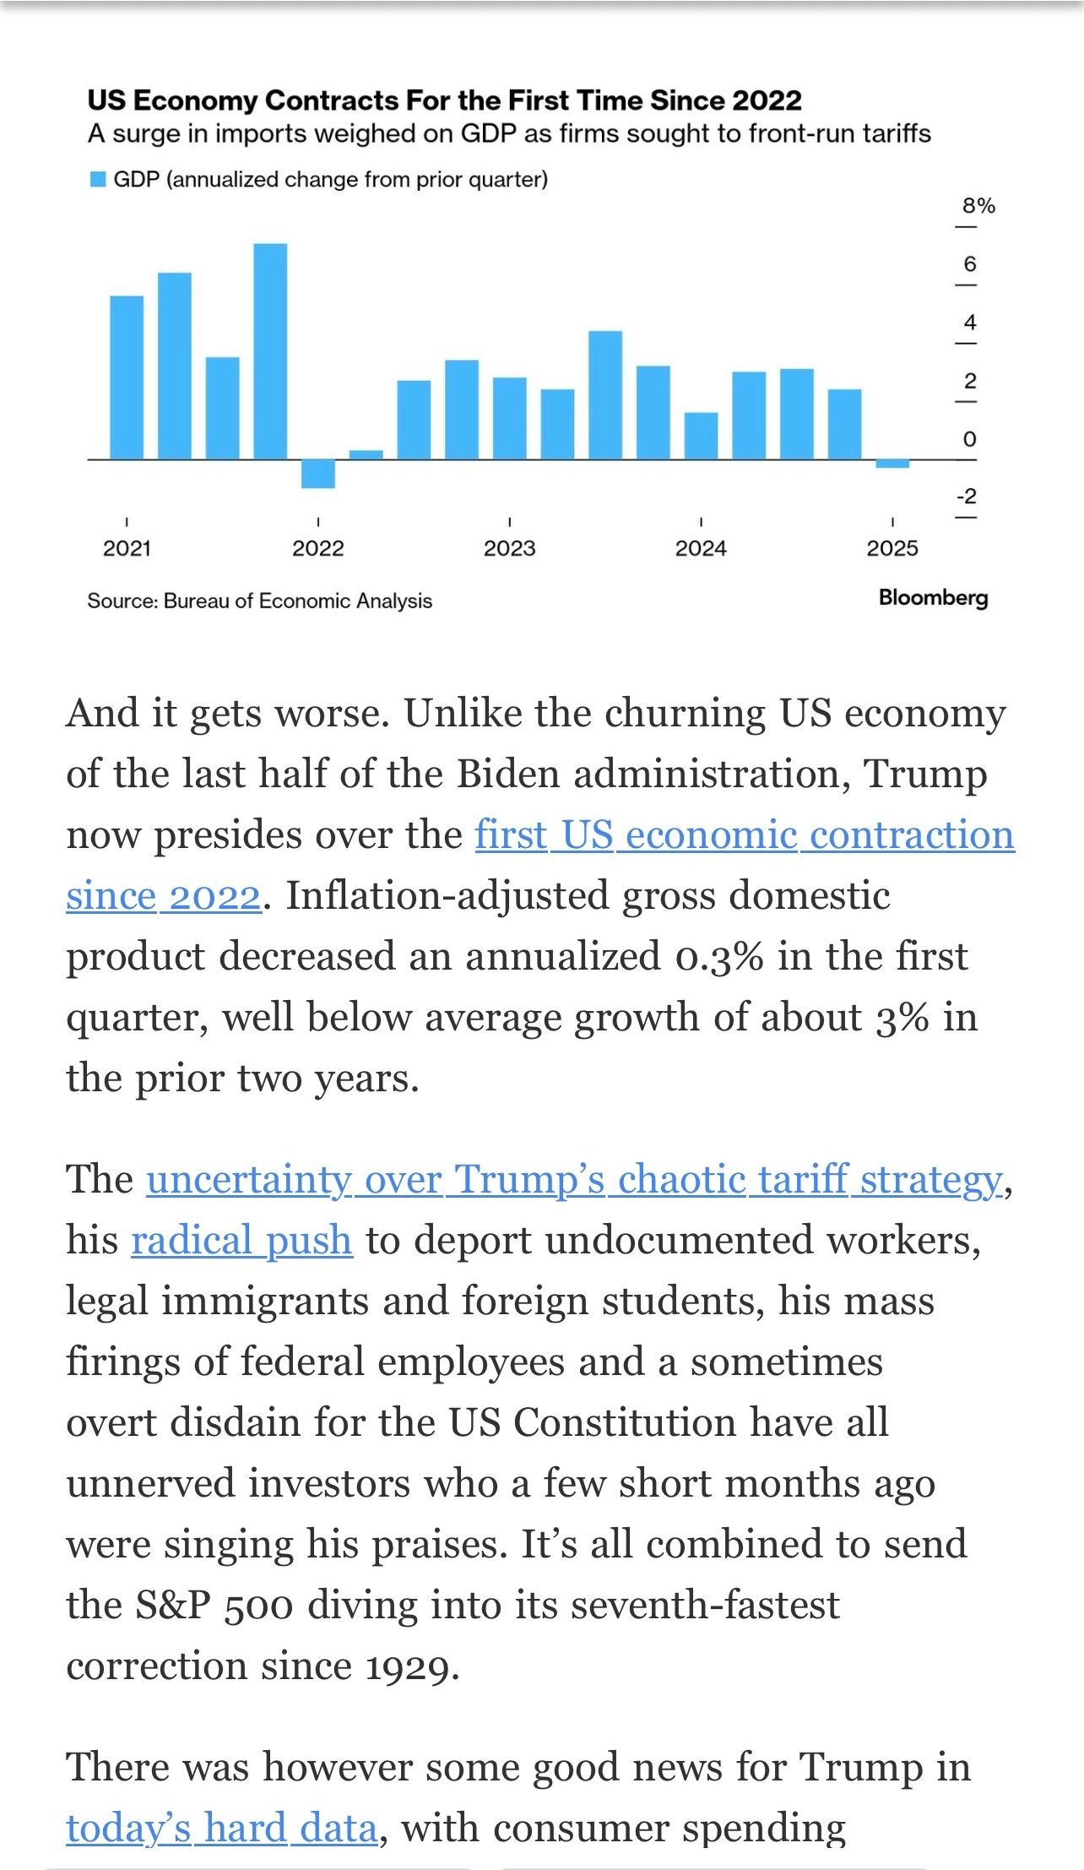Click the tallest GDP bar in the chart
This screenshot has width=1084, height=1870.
tap(270, 351)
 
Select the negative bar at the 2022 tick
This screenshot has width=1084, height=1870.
tap(318, 474)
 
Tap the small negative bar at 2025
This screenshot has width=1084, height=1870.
tap(892, 464)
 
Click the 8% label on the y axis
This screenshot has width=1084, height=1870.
tap(978, 206)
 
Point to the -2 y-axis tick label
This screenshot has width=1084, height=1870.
tap(966, 497)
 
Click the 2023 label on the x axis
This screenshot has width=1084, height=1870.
tap(509, 549)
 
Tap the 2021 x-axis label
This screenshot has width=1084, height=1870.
tap(127, 549)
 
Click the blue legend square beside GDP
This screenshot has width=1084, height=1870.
tap(98, 180)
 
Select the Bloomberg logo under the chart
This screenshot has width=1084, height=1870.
tap(933, 598)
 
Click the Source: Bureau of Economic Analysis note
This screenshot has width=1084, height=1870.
tap(259, 601)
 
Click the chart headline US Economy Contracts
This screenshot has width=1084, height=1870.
tap(444, 101)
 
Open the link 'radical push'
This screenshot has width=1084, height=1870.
tap(241, 1241)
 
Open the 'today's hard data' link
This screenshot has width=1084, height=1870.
tap(221, 1829)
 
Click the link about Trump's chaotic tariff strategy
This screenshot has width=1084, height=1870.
tap(574, 1180)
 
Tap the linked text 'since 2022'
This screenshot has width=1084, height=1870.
tap(163, 896)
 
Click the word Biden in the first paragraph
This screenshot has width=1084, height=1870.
tap(509, 775)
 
